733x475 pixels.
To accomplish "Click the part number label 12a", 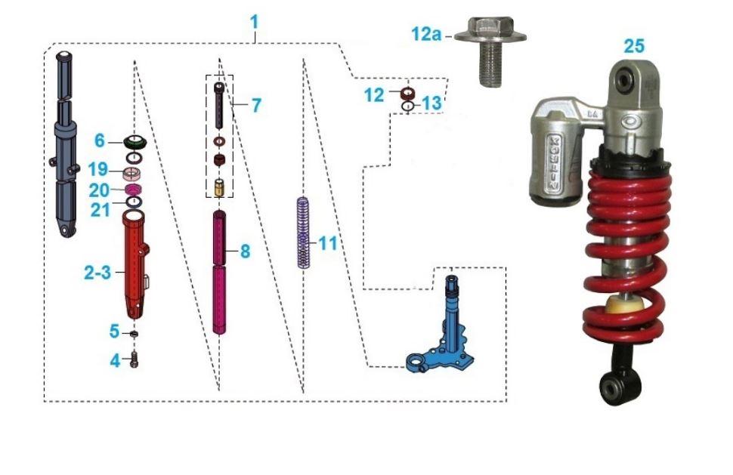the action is tap(426, 34).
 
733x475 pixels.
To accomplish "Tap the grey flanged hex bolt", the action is tap(490, 51).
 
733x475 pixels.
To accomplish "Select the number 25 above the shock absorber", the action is tap(634, 46).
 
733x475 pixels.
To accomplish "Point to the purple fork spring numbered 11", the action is tap(304, 232).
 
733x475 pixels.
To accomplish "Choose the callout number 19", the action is tap(98, 169).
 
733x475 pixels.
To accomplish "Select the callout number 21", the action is tap(101, 210).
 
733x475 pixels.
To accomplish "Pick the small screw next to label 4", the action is tap(135, 359).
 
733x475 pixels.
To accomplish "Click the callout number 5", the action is tap(114, 332).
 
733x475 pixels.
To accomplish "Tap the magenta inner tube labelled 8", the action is tap(219, 273).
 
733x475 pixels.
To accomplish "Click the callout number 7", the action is tap(256, 105).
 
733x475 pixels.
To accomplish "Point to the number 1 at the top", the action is tap(254, 21).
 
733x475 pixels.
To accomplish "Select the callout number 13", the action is tap(431, 103).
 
